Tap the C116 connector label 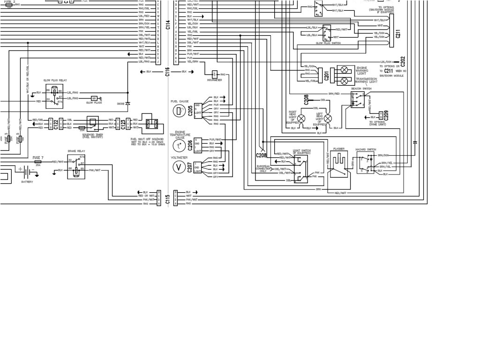tap(167, 72)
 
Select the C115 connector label tap(167, 198)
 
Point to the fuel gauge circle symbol tap(179, 111)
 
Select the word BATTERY tap(27, 180)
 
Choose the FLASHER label tap(339, 149)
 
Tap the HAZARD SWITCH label tap(366, 149)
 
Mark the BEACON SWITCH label tap(361, 88)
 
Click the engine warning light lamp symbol tap(345, 70)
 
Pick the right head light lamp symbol tap(302, 117)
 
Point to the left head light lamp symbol tap(328, 117)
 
